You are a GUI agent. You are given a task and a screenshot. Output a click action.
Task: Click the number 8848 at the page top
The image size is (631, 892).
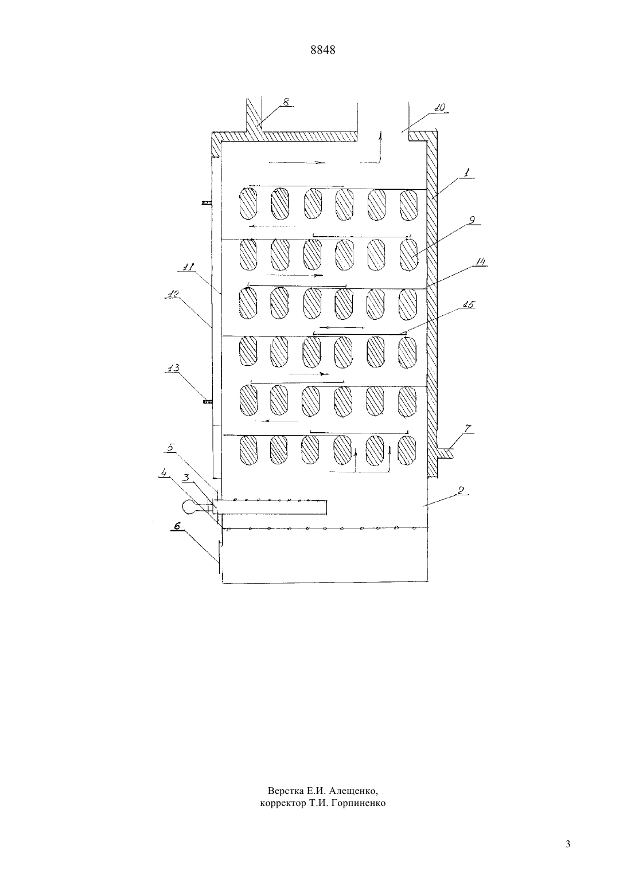coord(322,50)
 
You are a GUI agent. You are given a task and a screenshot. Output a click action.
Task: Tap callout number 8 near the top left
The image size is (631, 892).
coord(286,102)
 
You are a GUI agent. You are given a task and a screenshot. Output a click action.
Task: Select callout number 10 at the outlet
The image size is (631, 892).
coord(440,108)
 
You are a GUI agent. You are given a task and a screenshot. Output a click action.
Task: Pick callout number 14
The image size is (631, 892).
coord(481,262)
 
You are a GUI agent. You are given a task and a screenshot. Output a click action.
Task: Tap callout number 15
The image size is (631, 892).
coord(469,304)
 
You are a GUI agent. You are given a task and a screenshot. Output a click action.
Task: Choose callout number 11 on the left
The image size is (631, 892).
coord(188,268)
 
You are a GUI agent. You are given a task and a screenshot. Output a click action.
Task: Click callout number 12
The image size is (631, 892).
coord(174,295)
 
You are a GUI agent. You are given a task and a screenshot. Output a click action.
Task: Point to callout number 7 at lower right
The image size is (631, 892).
coord(468,429)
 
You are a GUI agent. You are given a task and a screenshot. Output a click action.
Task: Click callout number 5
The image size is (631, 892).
coord(171,447)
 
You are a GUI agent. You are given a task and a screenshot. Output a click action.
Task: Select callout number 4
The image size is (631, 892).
coord(163,473)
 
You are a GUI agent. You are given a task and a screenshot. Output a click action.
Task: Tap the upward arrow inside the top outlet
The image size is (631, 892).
coord(380,147)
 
